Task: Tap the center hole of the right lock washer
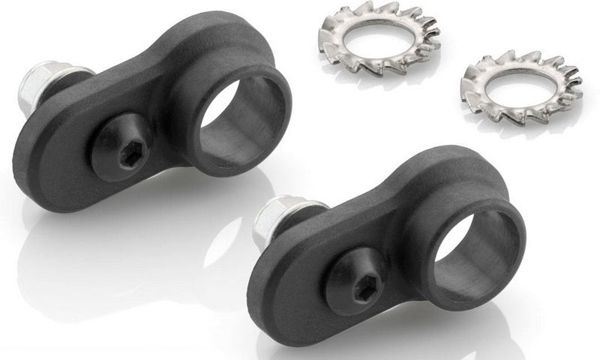[522, 83]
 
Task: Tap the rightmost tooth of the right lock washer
[581, 75]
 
